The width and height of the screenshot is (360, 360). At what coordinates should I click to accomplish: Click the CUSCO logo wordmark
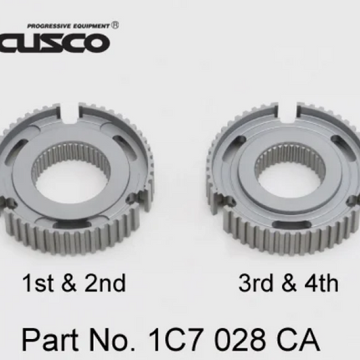point(54,43)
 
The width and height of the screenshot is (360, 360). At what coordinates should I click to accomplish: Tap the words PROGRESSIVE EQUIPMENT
point(69,26)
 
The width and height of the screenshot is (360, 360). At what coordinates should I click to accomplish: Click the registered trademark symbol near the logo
point(116,25)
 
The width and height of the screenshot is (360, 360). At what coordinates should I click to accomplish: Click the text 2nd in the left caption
point(105,283)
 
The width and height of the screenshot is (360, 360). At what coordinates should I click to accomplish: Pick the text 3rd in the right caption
point(255,283)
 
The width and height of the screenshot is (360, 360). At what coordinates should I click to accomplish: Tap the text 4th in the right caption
point(321,283)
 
